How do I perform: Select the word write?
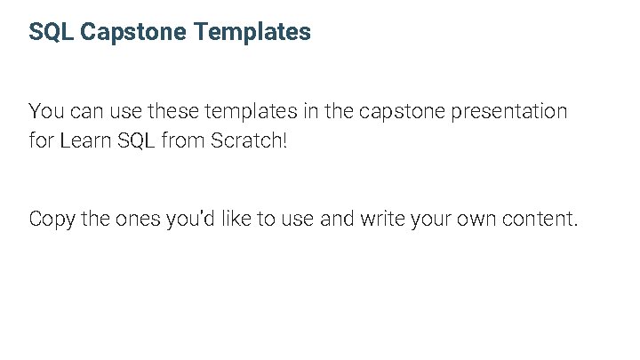[384, 219]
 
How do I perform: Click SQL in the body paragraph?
[135, 141]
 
